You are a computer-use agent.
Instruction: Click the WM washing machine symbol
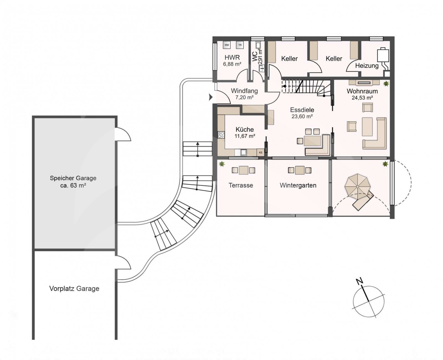tap(227, 45)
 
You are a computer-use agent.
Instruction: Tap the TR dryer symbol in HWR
tap(240, 45)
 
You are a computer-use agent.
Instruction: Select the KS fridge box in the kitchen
tap(261, 152)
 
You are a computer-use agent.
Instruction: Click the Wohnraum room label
tap(362, 91)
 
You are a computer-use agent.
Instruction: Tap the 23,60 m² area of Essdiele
tap(302, 116)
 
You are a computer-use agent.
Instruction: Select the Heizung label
tap(367, 66)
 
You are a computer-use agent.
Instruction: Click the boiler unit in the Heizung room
tap(383, 55)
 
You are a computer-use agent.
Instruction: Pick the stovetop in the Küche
tap(221, 135)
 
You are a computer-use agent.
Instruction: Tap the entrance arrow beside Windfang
tap(211, 97)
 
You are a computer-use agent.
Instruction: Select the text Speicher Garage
tap(73, 178)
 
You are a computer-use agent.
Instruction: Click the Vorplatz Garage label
tap(74, 289)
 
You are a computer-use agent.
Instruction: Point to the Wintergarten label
tap(298, 185)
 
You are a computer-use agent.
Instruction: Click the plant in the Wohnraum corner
tap(386, 84)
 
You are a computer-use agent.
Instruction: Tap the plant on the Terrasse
tap(222, 164)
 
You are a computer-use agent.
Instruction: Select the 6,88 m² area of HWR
tap(232, 64)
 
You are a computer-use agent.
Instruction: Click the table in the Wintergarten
tap(300, 170)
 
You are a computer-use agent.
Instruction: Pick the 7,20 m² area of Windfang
tap(244, 97)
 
